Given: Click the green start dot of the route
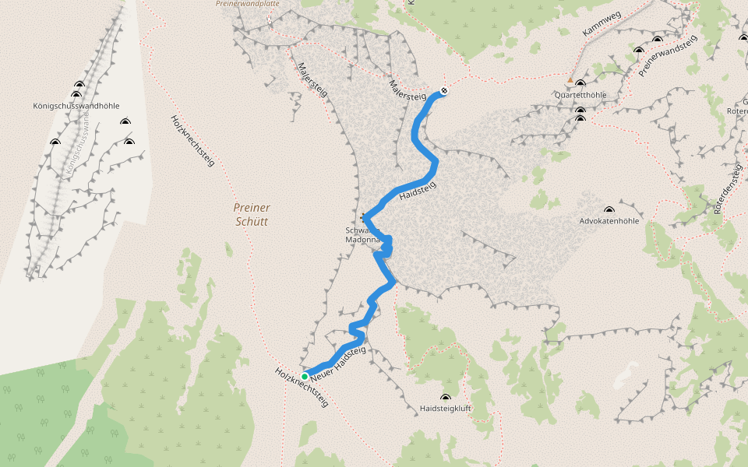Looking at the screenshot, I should [x=305, y=376].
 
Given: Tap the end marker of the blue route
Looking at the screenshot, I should [x=443, y=91].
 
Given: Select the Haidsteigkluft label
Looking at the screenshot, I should [x=446, y=408].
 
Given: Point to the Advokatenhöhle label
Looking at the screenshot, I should [x=609, y=221].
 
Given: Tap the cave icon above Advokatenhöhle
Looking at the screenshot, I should [x=609, y=209].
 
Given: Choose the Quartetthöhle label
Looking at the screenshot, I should [x=580, y=95].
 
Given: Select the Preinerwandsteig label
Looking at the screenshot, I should [x=666, y=58].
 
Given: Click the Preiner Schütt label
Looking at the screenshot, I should [x=252, y=214].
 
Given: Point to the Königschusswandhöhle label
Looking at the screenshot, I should [x=76, y=106].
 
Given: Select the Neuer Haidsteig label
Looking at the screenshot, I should [x=337, y=363].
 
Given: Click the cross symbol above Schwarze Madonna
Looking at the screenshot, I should [x=364, y=216].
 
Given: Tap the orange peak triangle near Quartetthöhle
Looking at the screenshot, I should [x=570, y=80].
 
